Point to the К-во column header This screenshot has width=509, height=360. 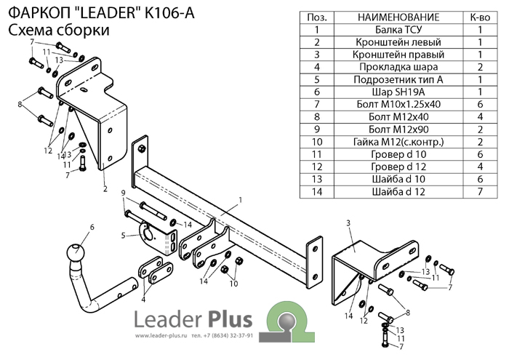(481, 17)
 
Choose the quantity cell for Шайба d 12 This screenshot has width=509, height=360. (481, 191)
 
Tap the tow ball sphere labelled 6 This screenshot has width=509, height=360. (74, 254)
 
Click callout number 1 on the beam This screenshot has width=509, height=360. (239, 199)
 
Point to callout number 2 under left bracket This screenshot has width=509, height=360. (105, 190)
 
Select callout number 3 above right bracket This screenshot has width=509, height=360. (348, 222)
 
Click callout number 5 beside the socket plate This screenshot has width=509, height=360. (124, 235)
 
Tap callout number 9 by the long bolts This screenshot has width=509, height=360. (124, 193)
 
